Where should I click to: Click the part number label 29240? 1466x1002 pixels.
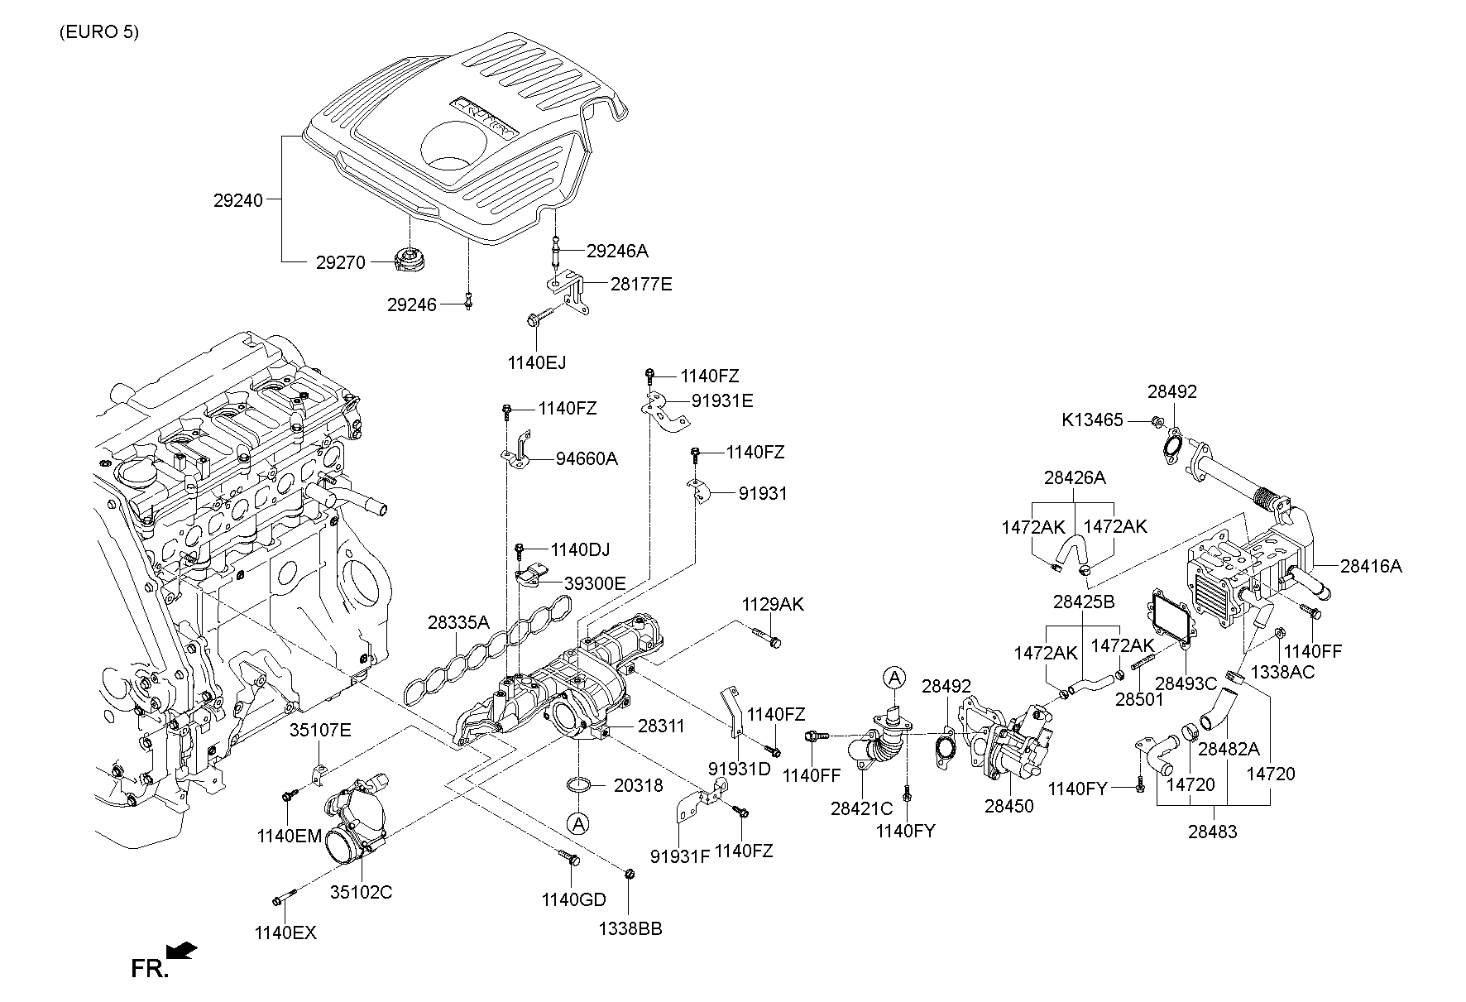pos(238,200)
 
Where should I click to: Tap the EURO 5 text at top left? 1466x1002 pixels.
pos(99,32)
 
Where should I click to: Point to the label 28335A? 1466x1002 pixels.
pos(459,622)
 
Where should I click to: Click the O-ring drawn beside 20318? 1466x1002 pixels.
pos(579,784)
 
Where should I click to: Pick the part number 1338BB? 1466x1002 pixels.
pos(631,928)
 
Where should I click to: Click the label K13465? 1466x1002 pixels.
pos(1092,420)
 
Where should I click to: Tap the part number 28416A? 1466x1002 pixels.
pos(1371,566)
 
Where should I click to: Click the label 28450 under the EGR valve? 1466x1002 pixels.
pos(1008,805)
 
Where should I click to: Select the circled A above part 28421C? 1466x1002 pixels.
pos(893,678)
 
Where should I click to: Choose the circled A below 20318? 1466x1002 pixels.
pos(578,823)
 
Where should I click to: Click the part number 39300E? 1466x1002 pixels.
pos(595,583)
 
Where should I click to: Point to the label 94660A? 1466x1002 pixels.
pos(587,458)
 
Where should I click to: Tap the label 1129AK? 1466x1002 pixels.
pos(772,604)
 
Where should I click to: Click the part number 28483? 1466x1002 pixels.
pos(1212,832)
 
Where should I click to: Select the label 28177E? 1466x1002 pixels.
pos(641,285)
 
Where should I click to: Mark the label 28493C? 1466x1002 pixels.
pos(1186,683)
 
